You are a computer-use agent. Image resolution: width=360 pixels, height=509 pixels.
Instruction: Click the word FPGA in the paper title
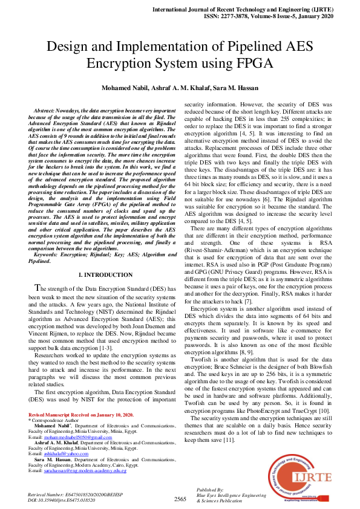pos(254,63)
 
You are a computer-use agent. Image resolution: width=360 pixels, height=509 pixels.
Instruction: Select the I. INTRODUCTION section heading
pos(101,275)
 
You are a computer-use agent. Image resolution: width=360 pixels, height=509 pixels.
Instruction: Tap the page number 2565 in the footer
pos(180,499)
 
